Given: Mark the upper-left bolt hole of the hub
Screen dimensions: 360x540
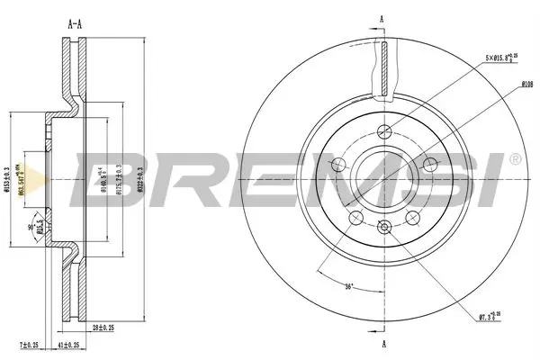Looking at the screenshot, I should [x=340, y=164].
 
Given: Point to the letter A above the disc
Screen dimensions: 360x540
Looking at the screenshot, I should [x=383, y=19].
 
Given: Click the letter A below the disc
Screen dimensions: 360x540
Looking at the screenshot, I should [x=383, y=345].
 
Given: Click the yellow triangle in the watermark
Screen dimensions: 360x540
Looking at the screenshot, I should [x=31, y=178].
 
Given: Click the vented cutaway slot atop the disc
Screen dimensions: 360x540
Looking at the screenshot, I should [x=384, y=68].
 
